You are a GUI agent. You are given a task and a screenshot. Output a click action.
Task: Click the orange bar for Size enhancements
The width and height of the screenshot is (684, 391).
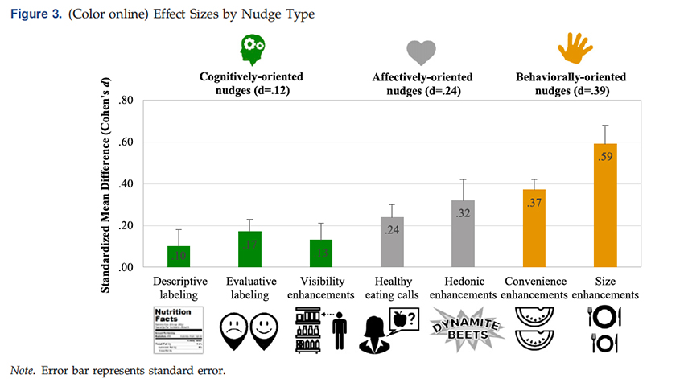tap(605, 205)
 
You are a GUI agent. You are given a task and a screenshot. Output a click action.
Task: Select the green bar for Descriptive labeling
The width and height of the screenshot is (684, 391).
tap(179, 257)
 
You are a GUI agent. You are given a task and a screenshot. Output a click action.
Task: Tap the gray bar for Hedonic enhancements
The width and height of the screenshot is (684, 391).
tap(463, 233)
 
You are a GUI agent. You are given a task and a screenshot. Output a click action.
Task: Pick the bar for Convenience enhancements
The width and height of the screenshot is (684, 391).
tap(534, 228)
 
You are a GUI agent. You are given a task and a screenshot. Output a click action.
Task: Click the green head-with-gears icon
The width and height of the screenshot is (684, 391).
tap(253, 49)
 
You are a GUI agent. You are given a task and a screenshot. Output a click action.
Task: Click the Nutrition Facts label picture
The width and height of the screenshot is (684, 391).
tap(179, 328)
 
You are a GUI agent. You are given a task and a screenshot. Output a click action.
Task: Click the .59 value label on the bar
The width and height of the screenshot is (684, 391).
tap(605, 157)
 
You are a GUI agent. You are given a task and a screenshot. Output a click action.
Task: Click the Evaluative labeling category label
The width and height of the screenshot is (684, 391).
tap(249, 288)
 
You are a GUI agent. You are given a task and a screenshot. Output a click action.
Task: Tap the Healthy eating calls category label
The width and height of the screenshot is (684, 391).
tap(392, 288)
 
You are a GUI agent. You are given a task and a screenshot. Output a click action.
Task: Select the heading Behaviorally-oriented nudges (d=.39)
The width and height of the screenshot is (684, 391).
tap(571, 84)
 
